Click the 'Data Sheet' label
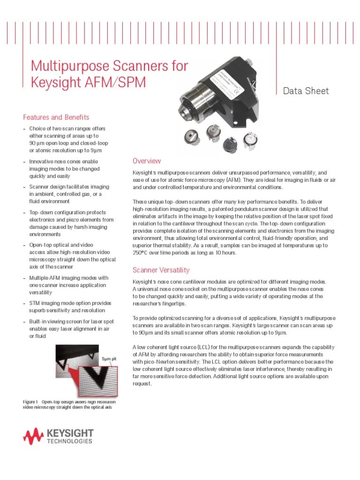(307, 91)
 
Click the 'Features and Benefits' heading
(56, 117)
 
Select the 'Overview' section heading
(147, 161)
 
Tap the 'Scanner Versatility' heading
(161, 270)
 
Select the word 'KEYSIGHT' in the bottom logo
(70, 433)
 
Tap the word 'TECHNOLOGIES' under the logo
(70, 442)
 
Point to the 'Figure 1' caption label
(30, 402)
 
